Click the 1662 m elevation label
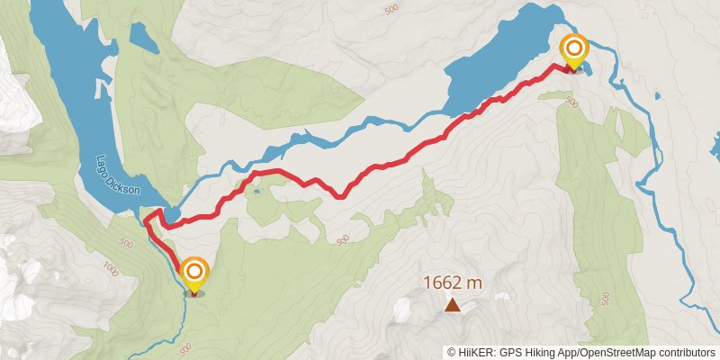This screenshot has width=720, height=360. (453, 283)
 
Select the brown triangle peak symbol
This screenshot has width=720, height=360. (453, 306)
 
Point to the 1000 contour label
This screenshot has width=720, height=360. (111, 268)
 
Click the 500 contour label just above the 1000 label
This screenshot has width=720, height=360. (125, 245)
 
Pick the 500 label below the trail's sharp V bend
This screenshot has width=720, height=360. (341, 240)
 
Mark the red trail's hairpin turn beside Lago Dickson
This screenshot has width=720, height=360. (163, 212)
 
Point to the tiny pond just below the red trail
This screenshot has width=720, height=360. (257, 191)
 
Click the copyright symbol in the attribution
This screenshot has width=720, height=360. (452, 352)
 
